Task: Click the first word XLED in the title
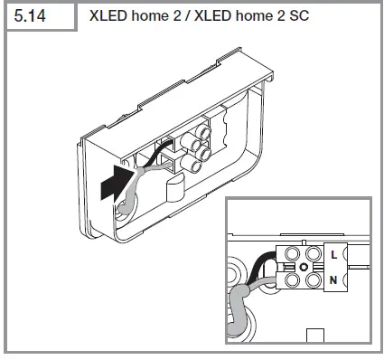[108, 16]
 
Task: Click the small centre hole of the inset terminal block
[304, 270]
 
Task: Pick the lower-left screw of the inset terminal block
[292, 281]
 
